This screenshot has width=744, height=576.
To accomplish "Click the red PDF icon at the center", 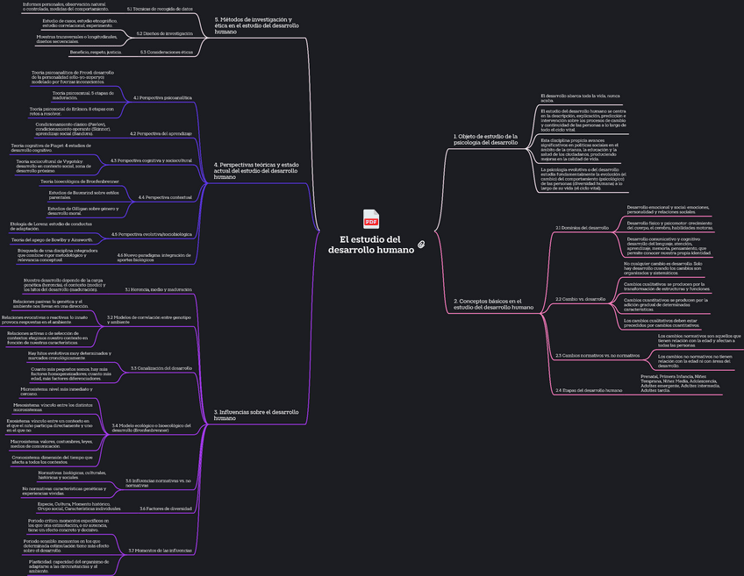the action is pos(371,218).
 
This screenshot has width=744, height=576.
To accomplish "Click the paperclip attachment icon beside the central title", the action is pos(421,243).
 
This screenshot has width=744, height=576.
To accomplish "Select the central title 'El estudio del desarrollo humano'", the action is pos(370,245).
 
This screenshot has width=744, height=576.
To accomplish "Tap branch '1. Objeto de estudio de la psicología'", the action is pos(485,139).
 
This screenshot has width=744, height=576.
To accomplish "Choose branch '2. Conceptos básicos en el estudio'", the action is pos(493,304).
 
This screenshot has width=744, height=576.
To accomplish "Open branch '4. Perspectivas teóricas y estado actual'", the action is pos(256,170).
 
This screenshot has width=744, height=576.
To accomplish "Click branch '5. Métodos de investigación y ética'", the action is pos(256,25).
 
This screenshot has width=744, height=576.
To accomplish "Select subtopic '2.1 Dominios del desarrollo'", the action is pos(582,227).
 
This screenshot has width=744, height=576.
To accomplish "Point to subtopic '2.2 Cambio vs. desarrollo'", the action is pos(581,299).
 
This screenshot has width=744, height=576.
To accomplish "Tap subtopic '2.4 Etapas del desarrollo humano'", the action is pos(589,389).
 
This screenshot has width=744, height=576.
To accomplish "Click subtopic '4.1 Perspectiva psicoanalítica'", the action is pos(162,97).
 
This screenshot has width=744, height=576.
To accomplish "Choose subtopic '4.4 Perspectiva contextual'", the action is pos(165,197).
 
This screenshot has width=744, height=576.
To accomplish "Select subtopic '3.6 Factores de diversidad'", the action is pos(166,508).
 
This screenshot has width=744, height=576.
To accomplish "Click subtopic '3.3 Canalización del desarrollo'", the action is pos(161,368).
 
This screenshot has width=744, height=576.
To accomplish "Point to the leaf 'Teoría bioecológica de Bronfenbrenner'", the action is pos(80,181).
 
